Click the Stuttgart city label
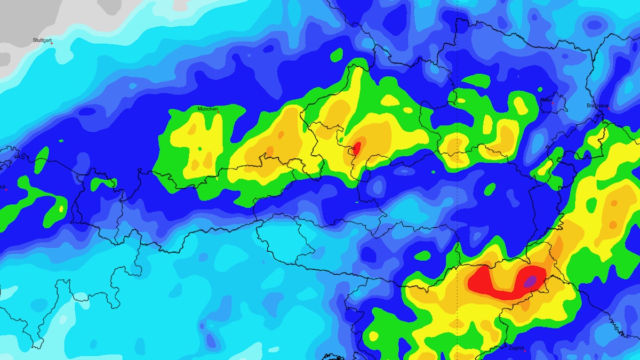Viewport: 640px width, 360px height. click(42, 40)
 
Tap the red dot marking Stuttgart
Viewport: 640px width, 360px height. click(52, 43)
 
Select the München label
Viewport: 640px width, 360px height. click(208, 109)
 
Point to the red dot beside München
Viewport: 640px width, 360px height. click(218, 111)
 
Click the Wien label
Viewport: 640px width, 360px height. click(547, 100)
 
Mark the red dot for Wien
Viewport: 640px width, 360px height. click(553, 102)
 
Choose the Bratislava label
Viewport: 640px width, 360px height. click(597, 106)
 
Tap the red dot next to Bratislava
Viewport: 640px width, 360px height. click(606, 108)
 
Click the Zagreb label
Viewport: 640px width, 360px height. click(516, 348)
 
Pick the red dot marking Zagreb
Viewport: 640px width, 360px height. click(524, 351)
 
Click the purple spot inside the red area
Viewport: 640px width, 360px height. click(530, 281)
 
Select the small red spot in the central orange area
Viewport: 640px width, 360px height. click(357, 147)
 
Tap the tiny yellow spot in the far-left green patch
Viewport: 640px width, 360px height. click(61, 208)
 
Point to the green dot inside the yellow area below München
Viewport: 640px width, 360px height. click(200, 149)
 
